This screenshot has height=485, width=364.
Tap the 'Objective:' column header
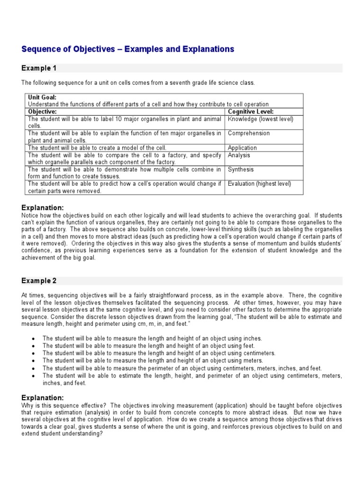click(x=42, y=112)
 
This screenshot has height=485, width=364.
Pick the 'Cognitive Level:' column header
click(x=251, y=112)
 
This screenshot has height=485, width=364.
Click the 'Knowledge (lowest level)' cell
click(x=261, y=119)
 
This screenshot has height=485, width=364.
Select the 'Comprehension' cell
click(x=249, y=134)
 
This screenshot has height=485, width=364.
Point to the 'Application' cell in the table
click(x=242, y=148)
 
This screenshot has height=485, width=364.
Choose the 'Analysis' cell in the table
click(x=239, y=155)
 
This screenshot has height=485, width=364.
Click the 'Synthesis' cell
click(x=241, y=170)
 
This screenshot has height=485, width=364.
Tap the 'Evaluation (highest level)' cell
click(x=259, y=184)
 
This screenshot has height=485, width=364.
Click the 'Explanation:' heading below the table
click(x=42, y=207)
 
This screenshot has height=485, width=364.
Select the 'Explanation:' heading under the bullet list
click(x=42, y=397)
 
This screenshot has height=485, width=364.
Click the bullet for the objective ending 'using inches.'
click(x=33, y=339)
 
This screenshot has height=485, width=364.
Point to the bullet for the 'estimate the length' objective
click(x=33, y=376)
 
